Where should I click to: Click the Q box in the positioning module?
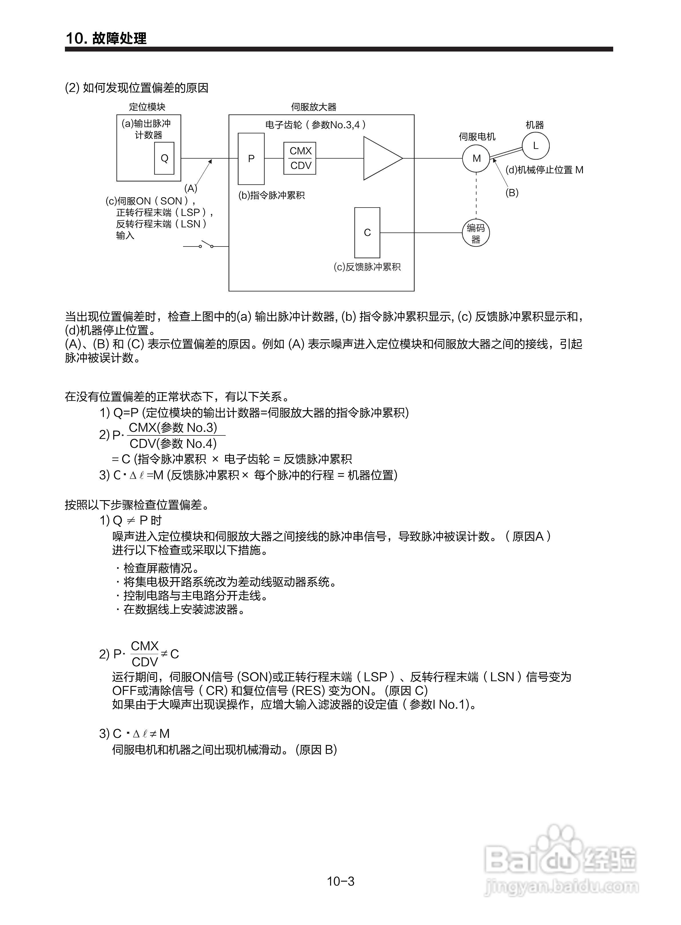(164, 158)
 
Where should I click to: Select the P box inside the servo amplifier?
(251, 159)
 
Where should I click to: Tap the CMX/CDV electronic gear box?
(300, 158)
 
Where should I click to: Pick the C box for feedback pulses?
(367, 233)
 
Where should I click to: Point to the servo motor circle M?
(476, 158)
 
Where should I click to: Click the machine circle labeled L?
(535, 146)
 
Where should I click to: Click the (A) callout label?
(190, 189)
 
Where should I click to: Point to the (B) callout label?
(512, 193)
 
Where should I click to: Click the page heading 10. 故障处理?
(106, 38)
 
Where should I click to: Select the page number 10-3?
(340, 881)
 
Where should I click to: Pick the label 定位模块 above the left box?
(147, 107)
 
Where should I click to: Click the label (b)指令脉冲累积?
(272, 196)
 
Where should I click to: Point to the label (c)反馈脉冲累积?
(367, 267)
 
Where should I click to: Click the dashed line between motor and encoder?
(476, 195)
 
